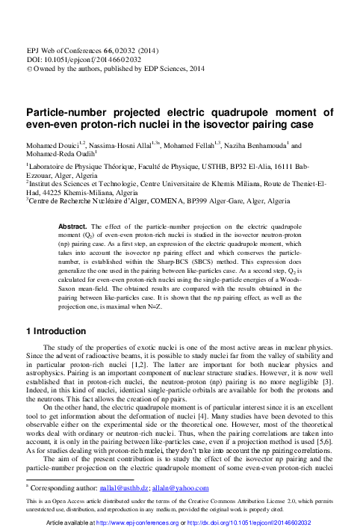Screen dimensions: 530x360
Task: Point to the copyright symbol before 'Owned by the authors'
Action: pos(28,65)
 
